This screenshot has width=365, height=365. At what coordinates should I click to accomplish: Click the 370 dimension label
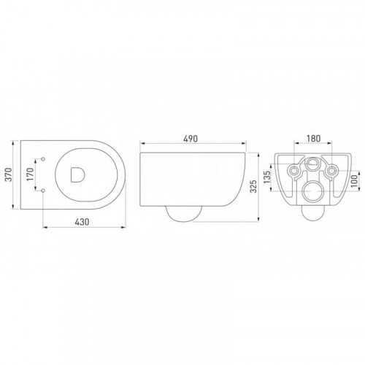pos(9,174)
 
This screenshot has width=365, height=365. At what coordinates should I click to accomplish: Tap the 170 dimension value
pos(31,174)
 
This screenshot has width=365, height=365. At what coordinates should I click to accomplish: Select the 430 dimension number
pos(82,222)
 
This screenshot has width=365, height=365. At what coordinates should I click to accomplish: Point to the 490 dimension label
pos(191,139)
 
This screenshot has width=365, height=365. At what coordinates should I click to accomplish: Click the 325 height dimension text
pos(253,186)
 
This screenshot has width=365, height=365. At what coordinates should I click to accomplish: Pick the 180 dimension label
pos(313,139)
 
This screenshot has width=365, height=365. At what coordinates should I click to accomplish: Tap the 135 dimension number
pos(267,177)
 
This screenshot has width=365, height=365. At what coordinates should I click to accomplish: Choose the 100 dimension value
pos(354,181)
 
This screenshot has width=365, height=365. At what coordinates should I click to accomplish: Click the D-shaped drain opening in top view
pos(77,174)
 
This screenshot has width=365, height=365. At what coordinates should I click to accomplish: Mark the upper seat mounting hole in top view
pos(43,159)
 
